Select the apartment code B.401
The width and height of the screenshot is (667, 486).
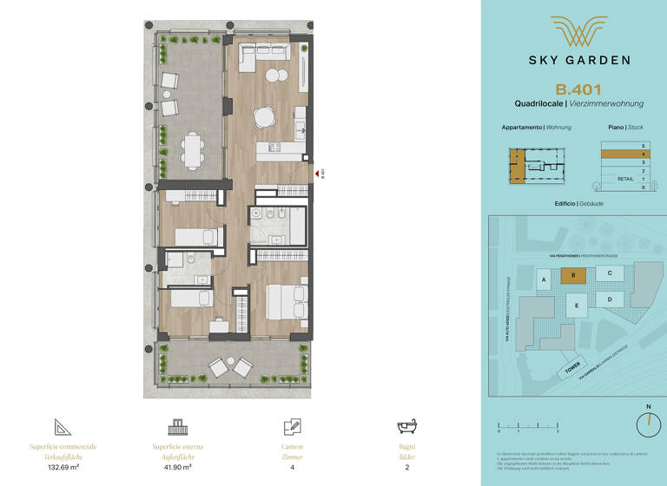(578, 89)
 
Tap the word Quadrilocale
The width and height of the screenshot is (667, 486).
(538, 104)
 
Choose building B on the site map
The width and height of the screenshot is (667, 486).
(573, 275)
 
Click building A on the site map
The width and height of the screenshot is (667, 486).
(544, 280)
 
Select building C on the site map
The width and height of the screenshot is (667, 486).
(610, 273)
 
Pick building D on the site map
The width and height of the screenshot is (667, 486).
(610, 299)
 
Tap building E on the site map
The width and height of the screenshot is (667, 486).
(574, 305)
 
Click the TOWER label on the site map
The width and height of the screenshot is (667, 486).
(571, 371)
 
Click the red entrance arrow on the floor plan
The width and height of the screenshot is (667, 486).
(315, 173)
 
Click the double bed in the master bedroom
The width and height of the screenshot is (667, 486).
(285, 301)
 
